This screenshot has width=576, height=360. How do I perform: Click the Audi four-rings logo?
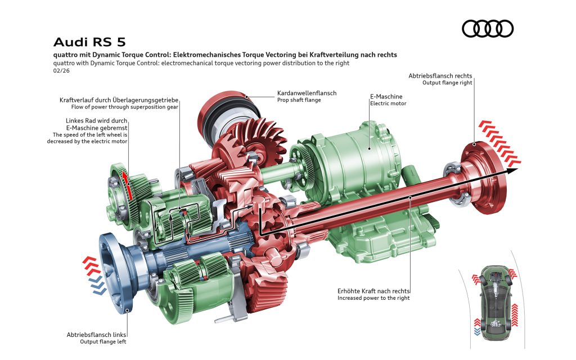point(487,29)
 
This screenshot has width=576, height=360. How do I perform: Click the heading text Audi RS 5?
point(89,42)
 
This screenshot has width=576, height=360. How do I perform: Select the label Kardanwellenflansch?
point(307,93)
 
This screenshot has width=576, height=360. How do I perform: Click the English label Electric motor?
point(388,103)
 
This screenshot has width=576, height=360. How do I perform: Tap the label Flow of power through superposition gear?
point(125,107)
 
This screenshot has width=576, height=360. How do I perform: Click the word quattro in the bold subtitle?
point(66,55)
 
